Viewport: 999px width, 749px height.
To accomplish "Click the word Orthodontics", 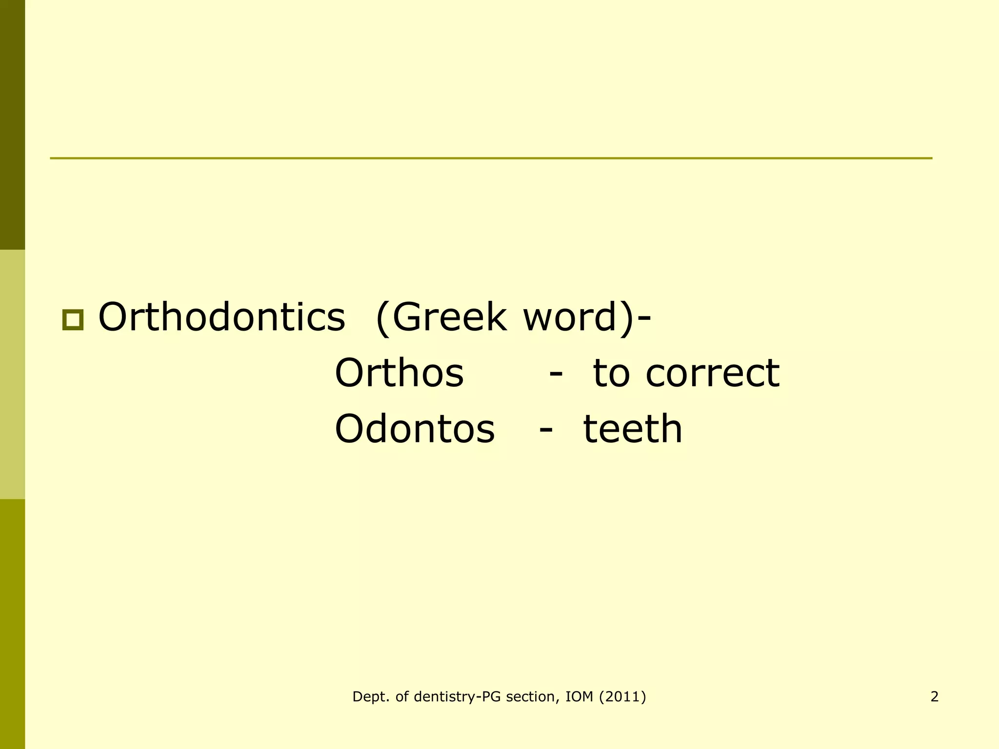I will click(222, 317).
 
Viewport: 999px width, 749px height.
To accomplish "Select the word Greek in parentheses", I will click(449, 317).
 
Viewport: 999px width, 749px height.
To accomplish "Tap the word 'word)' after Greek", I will click(578, 317).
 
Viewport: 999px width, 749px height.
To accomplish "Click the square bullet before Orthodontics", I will click(73, 320).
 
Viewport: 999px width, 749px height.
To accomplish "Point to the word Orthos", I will click(399, 374).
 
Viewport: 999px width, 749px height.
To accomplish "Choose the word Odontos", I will click(415, 429).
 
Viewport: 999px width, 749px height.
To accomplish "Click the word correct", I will click(712, 374).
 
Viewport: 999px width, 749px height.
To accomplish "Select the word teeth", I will click(633, 429).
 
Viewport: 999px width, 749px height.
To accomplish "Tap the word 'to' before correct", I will click(611, 374).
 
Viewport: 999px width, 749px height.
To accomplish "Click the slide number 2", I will click(934, 697).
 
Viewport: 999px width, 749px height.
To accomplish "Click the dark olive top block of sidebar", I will click(12, 124).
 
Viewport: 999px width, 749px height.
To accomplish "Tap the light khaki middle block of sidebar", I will click(12, 374).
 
